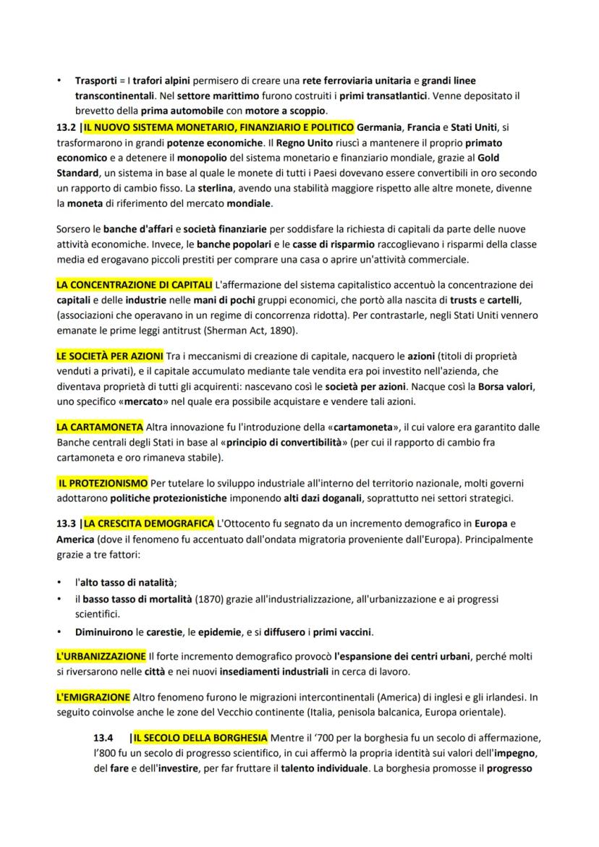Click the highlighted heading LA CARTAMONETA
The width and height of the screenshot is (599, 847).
point(99,427)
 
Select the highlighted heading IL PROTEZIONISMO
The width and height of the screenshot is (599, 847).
point(103,482)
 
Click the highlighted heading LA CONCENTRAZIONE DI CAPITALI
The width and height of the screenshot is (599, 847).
point(134,284)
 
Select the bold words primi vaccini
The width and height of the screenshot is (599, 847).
point(341,632)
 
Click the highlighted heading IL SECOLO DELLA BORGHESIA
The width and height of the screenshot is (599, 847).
point(200,739)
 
